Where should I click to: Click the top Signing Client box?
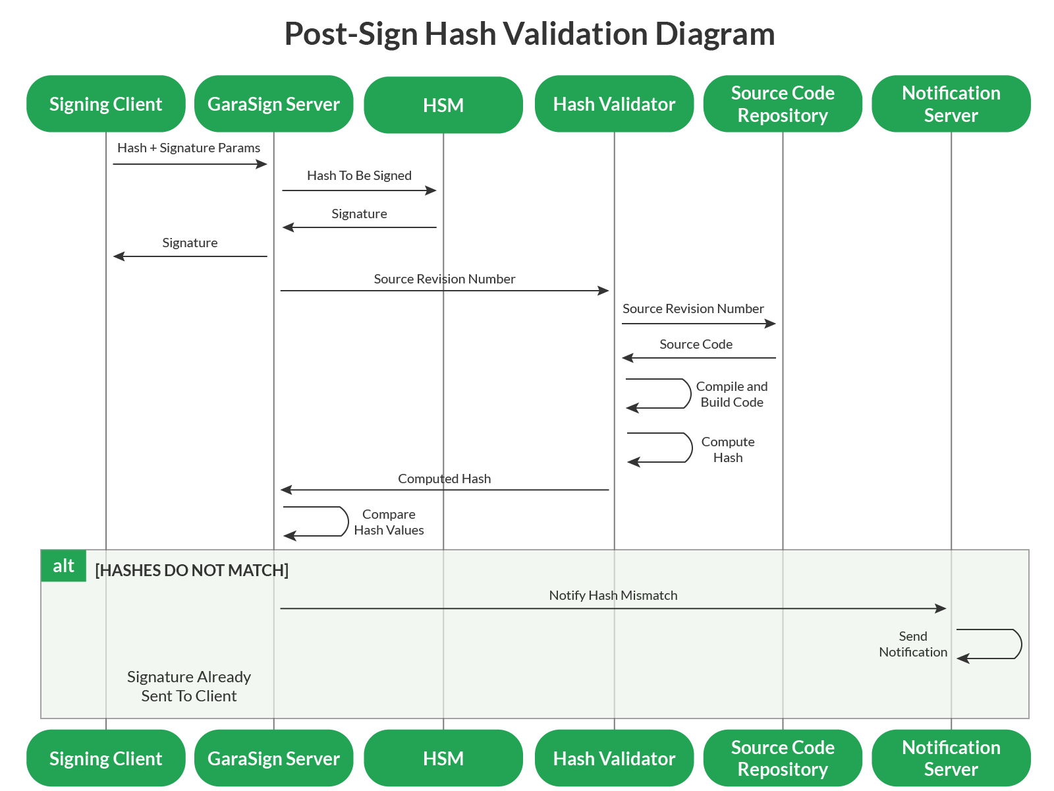point(105,104)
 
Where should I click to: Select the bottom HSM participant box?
point(443,758)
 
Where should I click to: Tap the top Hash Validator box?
point(614,104)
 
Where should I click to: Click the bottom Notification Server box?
point(951,758)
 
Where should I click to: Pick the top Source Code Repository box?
point(783,104)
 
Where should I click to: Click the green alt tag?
point(63,566)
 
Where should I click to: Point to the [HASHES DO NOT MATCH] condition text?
point(192,570)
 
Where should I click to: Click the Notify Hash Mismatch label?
point(613,595)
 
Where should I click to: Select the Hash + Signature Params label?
point(188,148)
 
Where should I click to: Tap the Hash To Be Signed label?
point(359,175)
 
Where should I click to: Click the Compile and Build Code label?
point(731,394)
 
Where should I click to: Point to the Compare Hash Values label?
point(389,522)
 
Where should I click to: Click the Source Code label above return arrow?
point(696,344)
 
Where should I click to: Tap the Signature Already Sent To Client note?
point(188,686)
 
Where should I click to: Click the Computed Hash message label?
point(444,479)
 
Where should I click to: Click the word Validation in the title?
point(580,34)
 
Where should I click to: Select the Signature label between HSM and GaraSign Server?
point(359,214)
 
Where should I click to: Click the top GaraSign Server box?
point(273,104)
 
